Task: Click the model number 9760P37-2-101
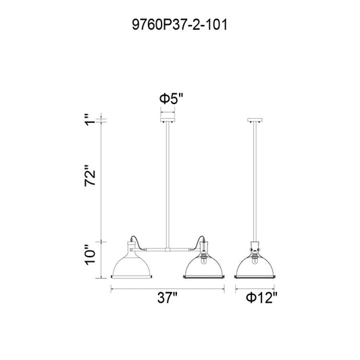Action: click(x=180, y=24)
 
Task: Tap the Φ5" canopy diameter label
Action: click(x=172, y=99)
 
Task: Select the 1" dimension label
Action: click(x=90, y=120)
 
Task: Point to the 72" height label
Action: click(x=90, y=176)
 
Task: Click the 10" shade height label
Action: click(x=90, y=255)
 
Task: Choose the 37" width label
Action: click(x=168, y=298)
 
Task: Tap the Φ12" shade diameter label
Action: click(x=262, y=298)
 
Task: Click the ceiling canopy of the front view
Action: click(x=168, y=120)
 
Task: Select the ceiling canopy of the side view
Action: click(x=255, y=120)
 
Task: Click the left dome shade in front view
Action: click(x=131, y=266)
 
